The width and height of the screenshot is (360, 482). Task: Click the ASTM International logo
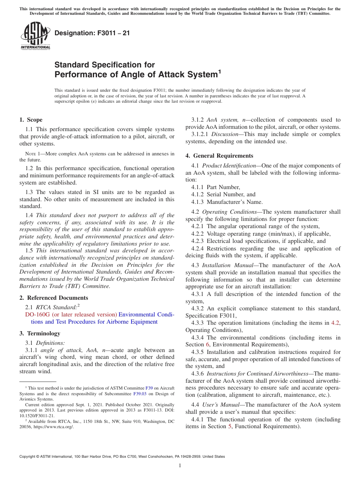point(35,36)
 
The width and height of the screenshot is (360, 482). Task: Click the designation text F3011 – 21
point(92,33)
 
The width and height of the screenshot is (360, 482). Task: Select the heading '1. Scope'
point(31,120)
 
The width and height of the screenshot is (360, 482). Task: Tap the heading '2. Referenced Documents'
point(53,298)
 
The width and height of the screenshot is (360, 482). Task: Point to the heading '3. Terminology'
point(40,333)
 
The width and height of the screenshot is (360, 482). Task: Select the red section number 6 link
point(207,344)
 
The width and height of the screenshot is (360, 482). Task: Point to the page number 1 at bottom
point(180,465)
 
